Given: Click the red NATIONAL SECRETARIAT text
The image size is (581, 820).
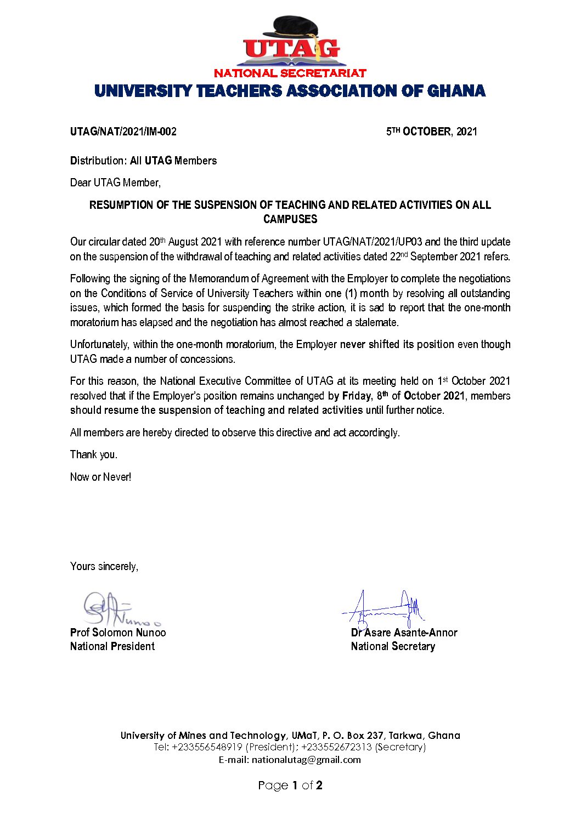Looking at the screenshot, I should click(x=290, y=73).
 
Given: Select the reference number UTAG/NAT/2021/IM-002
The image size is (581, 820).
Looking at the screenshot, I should click(x=123, y=132).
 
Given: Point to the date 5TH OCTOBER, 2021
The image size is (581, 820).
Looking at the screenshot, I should click(x=431, y=132).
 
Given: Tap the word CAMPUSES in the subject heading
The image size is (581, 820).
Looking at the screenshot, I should click(x=290, y=219).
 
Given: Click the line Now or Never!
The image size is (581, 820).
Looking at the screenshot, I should click(x=101, y=477).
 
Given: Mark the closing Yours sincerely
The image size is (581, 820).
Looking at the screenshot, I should click(x=104, y=566).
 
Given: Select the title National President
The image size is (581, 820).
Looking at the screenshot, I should click(x=112, y=646).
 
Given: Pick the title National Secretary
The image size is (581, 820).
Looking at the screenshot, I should click(x=393, y=646).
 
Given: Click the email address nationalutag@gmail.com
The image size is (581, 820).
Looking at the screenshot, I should click(x=306, y=760).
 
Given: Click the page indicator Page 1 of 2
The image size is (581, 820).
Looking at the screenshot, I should click(x=290, y=785).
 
